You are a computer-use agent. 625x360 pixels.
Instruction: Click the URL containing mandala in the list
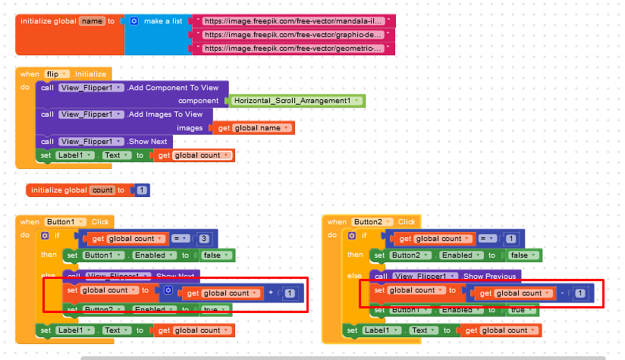point(293,21)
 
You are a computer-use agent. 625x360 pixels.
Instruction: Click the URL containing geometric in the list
point(293,48)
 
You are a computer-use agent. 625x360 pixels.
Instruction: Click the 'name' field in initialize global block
point(92,21)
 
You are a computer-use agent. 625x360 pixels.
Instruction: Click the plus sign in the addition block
point(271,293)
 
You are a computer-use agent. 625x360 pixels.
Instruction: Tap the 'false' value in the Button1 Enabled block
point(213,255)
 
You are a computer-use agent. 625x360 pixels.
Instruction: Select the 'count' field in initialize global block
point(102,190)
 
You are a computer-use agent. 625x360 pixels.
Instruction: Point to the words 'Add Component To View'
point(174,88)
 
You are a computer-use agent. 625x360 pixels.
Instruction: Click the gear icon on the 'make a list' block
point(134,21)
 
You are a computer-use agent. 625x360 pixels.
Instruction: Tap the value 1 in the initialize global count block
point(143,190)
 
